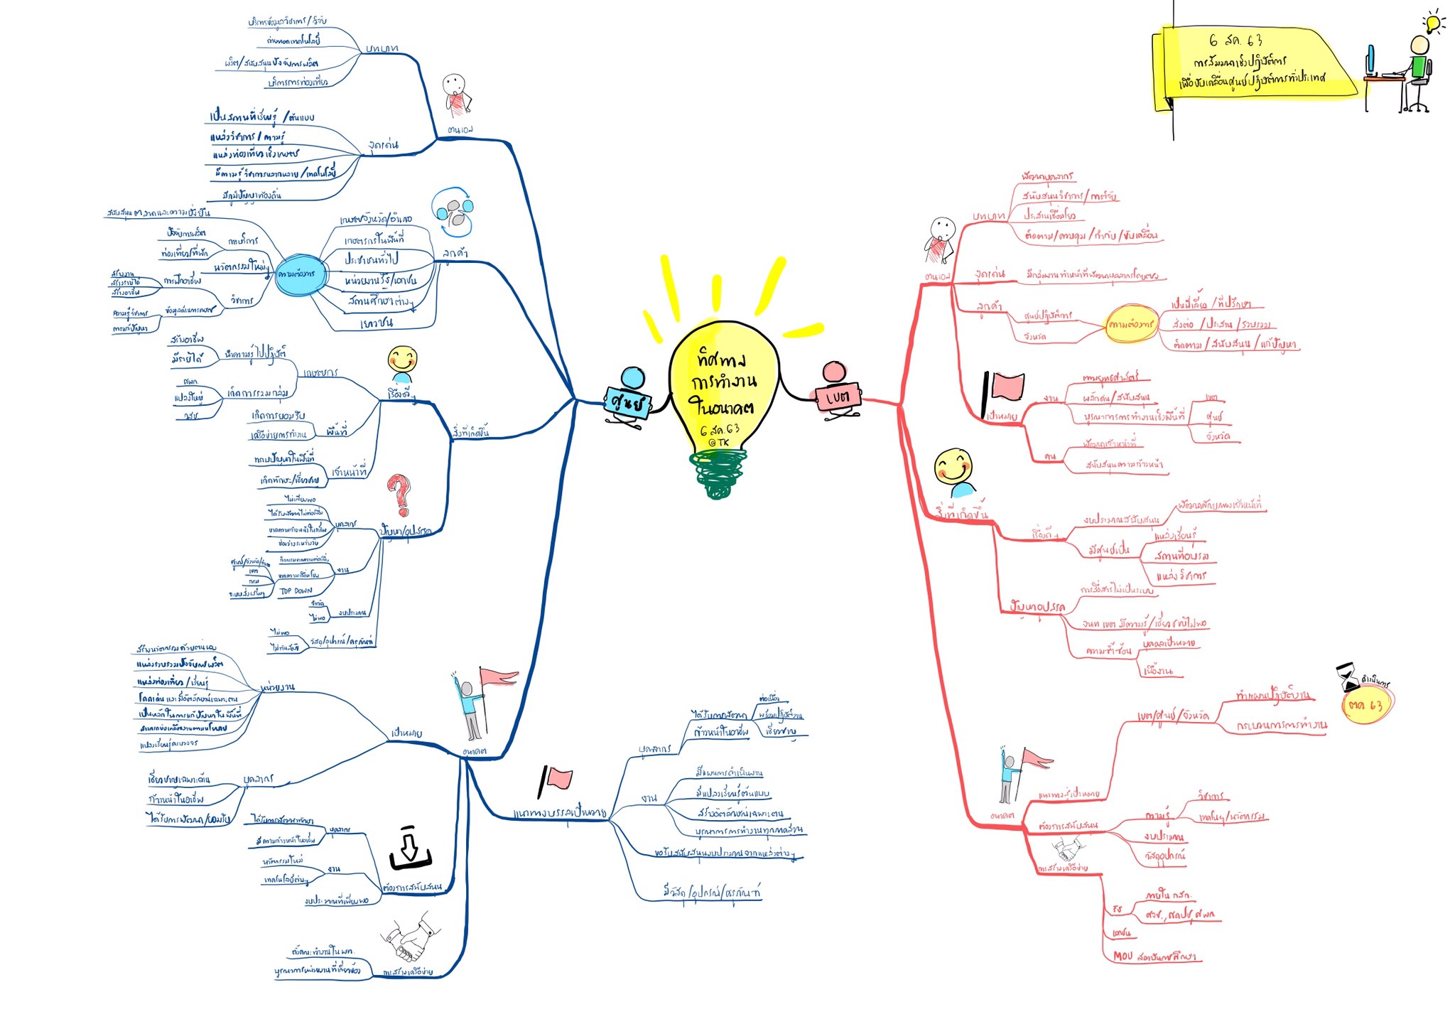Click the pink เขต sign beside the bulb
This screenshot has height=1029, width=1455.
tap(838, 397)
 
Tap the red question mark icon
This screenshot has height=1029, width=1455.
tap(399, 493)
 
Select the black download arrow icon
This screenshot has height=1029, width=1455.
tap(409, 848)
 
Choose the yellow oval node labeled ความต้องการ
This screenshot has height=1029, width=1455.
tap(1131, 324)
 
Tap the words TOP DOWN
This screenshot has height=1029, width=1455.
tap(296, 591)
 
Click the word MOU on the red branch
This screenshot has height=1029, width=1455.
tap(1123, 956)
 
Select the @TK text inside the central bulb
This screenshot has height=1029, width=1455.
tap(718, 442)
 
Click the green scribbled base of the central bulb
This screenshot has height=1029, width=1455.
tap(718, 474)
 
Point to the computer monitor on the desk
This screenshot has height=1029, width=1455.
tap(1370, 60)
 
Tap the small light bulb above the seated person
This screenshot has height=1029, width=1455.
tap(1433, 23)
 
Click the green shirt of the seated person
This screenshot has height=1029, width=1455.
tap(1419, 68)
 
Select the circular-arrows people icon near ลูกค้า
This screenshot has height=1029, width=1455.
tap(453, 211)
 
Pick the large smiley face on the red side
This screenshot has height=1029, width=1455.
tap(952, 466)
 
